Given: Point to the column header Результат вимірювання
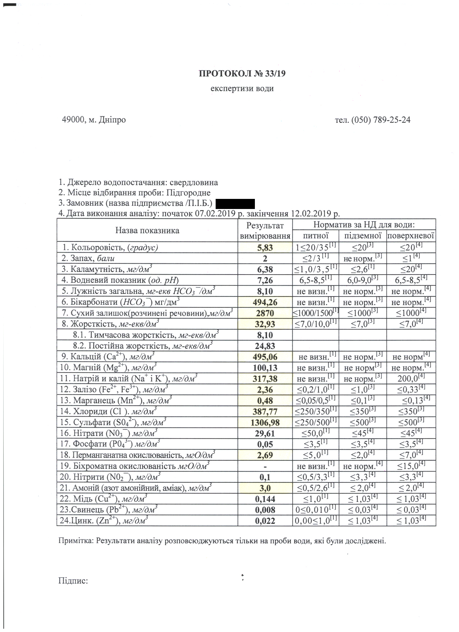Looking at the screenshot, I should click(x=265, y=231).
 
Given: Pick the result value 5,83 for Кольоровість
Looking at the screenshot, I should click(x=265, y=248).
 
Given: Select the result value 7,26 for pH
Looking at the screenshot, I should click(x=265, y=280).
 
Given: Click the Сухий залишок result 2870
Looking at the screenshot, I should click(x=265, y=313).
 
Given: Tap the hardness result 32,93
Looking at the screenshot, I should click(x=265, y=324).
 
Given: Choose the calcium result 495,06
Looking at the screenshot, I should click(x=265, y=357).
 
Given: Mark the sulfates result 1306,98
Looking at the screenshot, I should click(x=265, y=422).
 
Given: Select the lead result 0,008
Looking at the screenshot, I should click(x=265, y=510).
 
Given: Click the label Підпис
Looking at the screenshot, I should click(x=73, y=580).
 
